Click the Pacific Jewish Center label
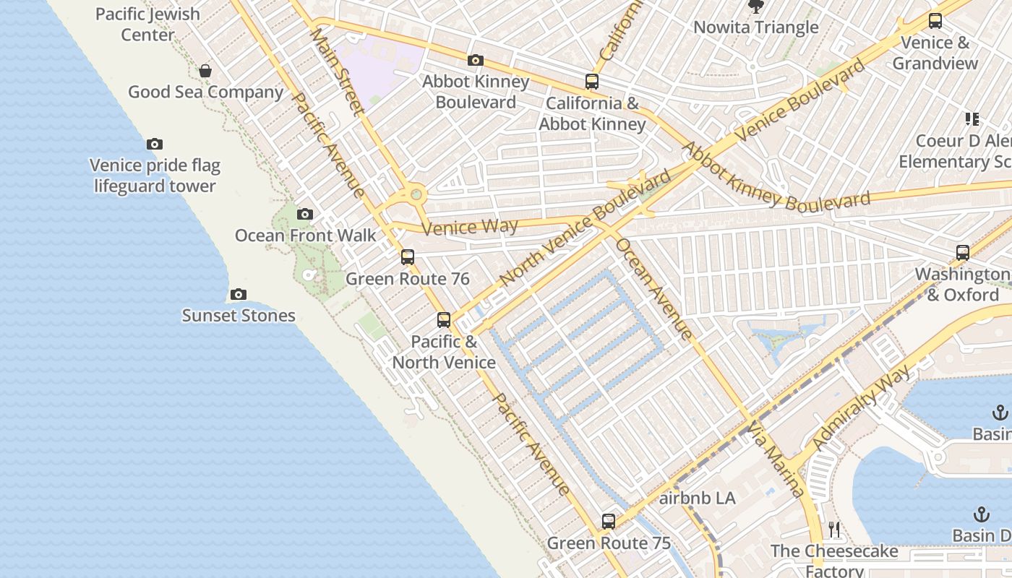pyautogui.click(x=147, y=25)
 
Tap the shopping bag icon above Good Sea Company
pyautogui.click(x=205, y=71)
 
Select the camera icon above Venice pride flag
pyautogui.click(x=155, y=144)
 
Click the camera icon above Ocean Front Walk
pyautogui.click(x=305, y=215)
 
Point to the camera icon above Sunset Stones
pyautogui.click(x=239, y=295)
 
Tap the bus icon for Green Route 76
pyautogui.click(x=408, y=257)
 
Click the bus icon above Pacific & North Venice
pyautogui.click(x=444, y=320)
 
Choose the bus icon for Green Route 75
pyautogui.click(x=609, y=522)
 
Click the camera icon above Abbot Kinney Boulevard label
pyautogui.click(x=476, y=61)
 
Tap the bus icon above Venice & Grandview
pyautogui.click(x=935, y=21)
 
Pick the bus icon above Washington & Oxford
pyautogui.click(x=963, y=253)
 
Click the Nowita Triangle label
pyautogui.click(x=756, y=27)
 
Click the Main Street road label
pyautogui.click(x=338, y=71)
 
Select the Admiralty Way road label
pyautogui.click(x=862, y=409)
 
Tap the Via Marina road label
pyautogui.click(x=776, y=459)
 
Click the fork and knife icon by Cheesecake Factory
pyautogui.click(x=834, y=530)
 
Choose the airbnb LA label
pyautogui.click(x=698, y=499)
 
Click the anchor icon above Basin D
pyautogui.click(x=982, y=514)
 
